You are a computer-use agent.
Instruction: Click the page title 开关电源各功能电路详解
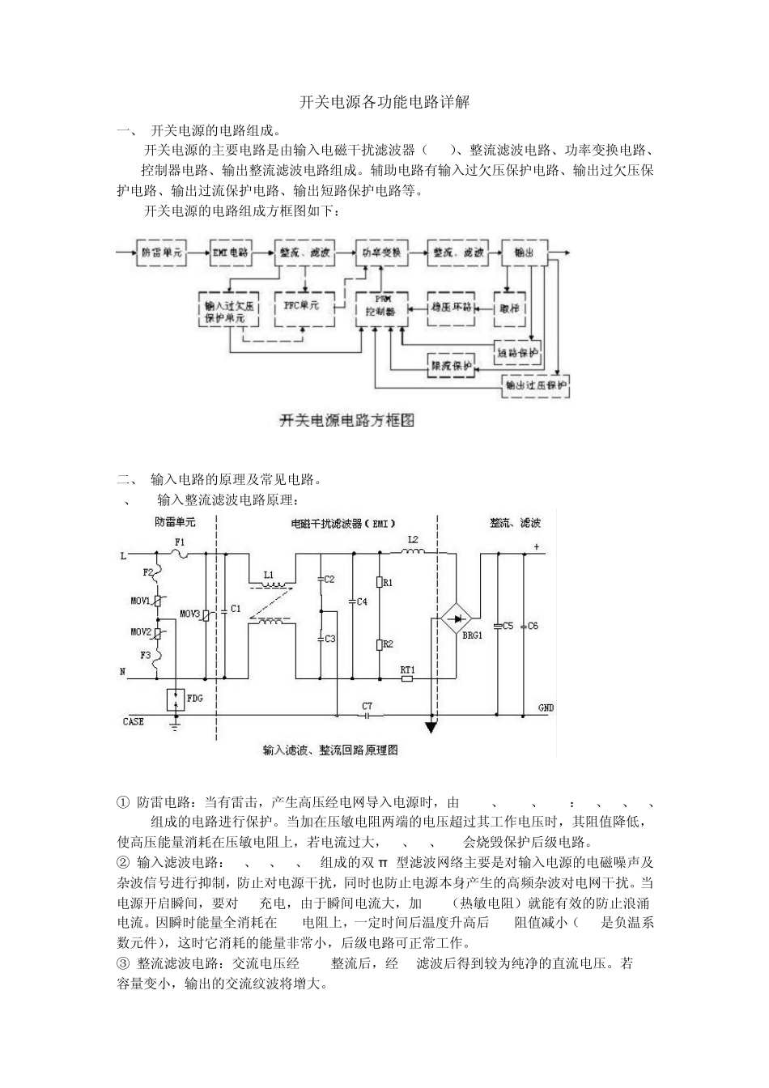click(x=384, y=103)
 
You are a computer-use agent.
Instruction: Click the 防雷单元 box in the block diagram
click(x=164, y=253)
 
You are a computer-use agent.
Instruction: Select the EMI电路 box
click(x=231, y=253)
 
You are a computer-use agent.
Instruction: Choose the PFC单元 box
click(x=301, y=306)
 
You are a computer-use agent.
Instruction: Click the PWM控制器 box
click(x=380, y=306)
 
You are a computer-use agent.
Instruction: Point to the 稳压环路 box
click(x=452, y=308)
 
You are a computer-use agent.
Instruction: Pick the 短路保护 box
click(x=517, y=353)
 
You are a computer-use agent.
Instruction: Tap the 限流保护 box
click(x=450, y=366)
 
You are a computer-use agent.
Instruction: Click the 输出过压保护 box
click(x=536, y=385)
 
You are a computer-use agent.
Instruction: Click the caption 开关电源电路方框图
click(x=346, y=421)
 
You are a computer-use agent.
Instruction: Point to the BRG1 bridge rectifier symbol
click(x=457, y=620)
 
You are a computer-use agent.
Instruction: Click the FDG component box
click(x=175, y=699)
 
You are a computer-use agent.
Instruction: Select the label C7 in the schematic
click(x=368, y=705)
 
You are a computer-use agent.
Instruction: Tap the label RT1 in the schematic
click(x=407, y=669)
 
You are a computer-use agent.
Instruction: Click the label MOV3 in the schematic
click(x=189, y=612)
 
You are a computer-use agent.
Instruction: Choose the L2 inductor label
click(x=413, y=539)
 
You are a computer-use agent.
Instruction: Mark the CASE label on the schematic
click(x=134, y=721)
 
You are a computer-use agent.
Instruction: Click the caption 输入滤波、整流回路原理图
click(x=330, y=750)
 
